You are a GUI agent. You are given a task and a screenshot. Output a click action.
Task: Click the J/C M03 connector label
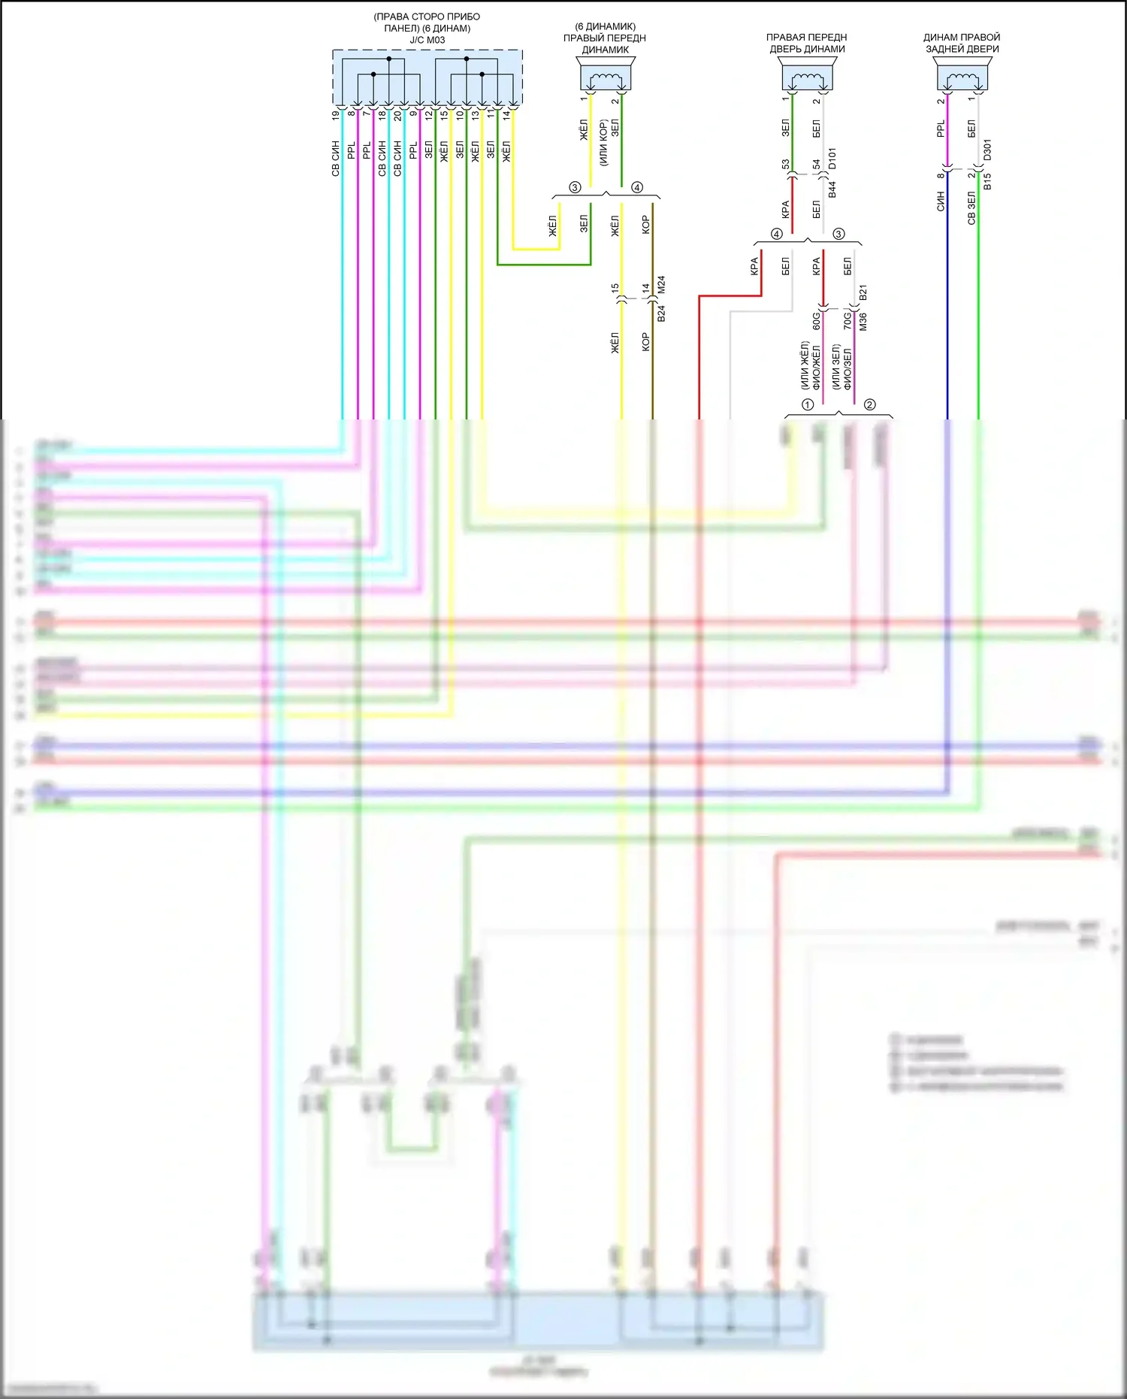(x=427, y=40)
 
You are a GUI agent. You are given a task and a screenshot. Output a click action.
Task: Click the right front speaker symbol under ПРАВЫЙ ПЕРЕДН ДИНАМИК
(x=606, y=77)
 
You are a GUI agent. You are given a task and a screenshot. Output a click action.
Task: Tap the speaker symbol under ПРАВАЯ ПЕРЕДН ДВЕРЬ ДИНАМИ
(x=807, y=77)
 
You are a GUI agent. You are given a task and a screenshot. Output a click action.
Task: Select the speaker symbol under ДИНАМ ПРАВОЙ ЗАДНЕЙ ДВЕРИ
(x=962, y=77)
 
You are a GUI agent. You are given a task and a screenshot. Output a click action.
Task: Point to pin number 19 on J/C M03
(x=336, y=116)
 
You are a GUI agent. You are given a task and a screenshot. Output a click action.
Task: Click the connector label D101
(x=832, y=159)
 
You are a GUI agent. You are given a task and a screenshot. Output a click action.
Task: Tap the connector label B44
(x=832, y=189)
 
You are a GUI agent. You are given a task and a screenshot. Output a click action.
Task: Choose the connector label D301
(x=987, y=150)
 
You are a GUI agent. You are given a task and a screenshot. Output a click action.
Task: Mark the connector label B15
(x=987, y=181)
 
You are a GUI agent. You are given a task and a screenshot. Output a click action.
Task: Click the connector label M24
(x=661, y=285)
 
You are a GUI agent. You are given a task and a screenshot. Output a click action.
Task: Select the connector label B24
(x=661, y=313)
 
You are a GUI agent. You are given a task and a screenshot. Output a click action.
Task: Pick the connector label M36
(x=863, y=322)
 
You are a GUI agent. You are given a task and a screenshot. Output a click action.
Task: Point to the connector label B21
(x=863, y=292)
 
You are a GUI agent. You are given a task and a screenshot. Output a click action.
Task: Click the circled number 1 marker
(x=808, y=404)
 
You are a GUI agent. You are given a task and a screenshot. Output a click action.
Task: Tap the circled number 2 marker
(x=869, y=404)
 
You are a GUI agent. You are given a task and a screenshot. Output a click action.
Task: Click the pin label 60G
(x=817, y=321)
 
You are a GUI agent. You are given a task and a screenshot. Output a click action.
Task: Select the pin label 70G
(x=848, y=321)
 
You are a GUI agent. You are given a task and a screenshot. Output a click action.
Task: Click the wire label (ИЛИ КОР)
(x=603, y=143)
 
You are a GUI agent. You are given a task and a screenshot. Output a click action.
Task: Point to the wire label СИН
(x=940, y=201)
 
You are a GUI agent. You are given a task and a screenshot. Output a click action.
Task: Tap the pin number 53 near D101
(x=785, y=164)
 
